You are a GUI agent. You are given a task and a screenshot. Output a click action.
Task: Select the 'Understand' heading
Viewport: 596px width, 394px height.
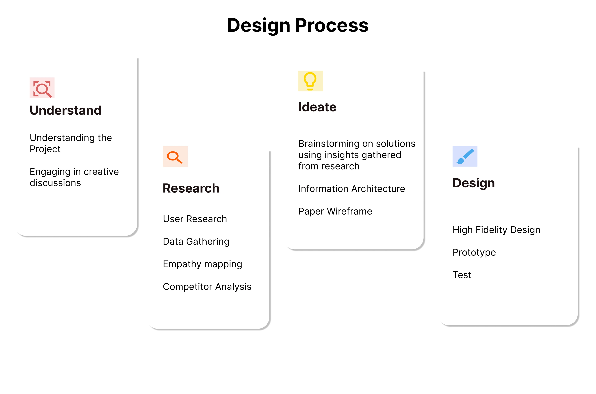click(66, 110)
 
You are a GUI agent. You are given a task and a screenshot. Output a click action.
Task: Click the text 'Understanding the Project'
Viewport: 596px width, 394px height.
click(71, 143)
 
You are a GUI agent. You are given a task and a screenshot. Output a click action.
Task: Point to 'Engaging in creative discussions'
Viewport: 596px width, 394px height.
click(74, 177)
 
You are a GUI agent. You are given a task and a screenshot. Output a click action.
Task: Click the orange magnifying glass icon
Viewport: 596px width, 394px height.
click(175, 157)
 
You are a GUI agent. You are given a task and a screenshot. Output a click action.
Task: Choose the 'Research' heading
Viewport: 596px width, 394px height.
click(191, 188)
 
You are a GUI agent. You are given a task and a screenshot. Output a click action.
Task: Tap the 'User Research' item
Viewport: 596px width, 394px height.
click(195, 219)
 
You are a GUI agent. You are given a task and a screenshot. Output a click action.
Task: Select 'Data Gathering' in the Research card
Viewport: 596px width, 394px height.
click(196, 241)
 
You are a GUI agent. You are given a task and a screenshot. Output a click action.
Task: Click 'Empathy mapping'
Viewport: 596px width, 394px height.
click(202, 264)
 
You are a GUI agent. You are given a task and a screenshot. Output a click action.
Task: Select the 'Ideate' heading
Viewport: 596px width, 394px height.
click(317, 107)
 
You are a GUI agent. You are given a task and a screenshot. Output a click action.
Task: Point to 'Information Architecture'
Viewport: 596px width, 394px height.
click(352, 189)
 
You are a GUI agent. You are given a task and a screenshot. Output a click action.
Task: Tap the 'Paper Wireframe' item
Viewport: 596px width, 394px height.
click(335, 211)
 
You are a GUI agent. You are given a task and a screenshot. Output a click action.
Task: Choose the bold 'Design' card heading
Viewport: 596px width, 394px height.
click(474, 183)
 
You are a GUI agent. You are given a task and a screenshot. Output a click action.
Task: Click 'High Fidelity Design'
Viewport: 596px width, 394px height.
click(496, 230)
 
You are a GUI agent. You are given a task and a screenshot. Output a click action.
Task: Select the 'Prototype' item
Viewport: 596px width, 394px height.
click(474, 252)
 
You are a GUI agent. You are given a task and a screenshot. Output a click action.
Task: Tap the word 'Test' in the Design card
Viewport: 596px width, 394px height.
click(462, 275)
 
